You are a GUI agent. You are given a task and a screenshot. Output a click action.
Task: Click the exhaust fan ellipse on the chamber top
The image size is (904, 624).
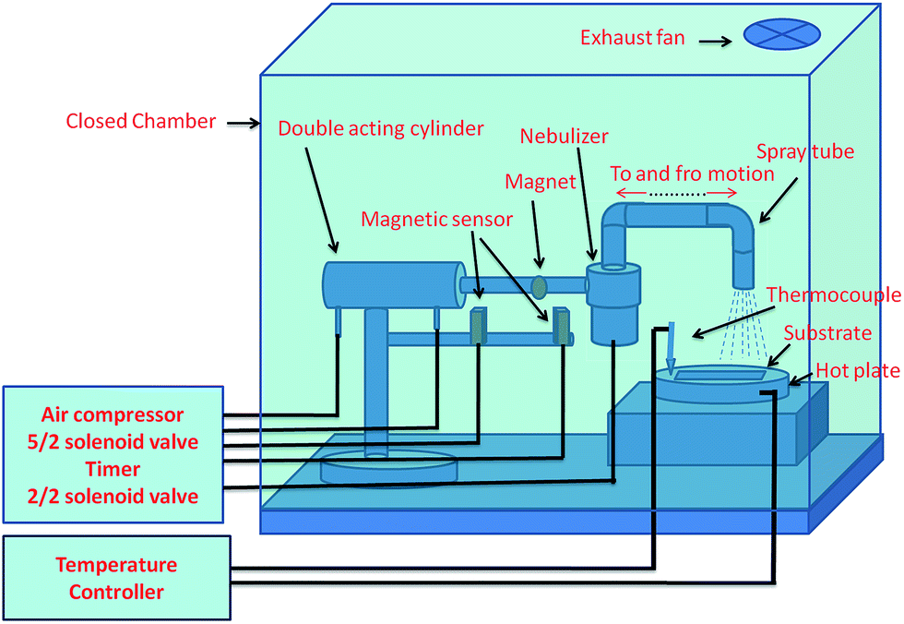(x=782, y=34)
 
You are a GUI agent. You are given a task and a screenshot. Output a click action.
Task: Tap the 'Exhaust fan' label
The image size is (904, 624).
(x=633, y=38)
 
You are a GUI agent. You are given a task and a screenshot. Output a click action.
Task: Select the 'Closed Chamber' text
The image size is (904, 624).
(x=140, y=121)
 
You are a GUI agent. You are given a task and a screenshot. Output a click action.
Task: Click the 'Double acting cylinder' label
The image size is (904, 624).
(x=380, y=128)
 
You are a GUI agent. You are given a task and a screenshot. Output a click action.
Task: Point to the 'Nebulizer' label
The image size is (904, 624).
(x=564, y=136)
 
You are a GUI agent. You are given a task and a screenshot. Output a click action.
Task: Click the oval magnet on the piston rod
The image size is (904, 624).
(x=539, y=287)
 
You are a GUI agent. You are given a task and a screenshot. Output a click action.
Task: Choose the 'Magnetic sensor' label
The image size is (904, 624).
(x=436, y=219)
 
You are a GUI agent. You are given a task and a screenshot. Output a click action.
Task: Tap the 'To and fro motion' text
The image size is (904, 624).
(x=692, y=174)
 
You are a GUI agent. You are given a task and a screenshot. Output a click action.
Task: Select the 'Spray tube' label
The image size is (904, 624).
(x=804, y=151)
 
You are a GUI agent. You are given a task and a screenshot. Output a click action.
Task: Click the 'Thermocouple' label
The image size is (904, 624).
(x=833, y=294)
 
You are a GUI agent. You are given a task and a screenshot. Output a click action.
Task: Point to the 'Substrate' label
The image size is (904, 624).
(x=827, y=332)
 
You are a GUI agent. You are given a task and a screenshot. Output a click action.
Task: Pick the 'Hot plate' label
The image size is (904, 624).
(x=858, y=371)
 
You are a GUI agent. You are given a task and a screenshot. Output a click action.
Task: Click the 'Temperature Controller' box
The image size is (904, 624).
(x=116, y=578)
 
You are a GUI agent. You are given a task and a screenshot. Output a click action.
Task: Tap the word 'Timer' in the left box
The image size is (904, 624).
(x=113, y=469)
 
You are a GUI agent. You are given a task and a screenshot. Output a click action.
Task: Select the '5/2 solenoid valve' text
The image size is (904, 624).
(x=113, y=442)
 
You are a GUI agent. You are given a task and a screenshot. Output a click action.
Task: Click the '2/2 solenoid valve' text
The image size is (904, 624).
(x=113, y=496)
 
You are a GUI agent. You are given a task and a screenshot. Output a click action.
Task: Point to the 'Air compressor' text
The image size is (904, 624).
(x=113, y=414)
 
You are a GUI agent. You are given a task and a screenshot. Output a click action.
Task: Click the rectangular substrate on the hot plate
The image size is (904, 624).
(x=720, y=376)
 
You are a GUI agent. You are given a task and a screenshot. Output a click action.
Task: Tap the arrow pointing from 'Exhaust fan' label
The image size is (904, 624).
(x=715, y=41)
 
